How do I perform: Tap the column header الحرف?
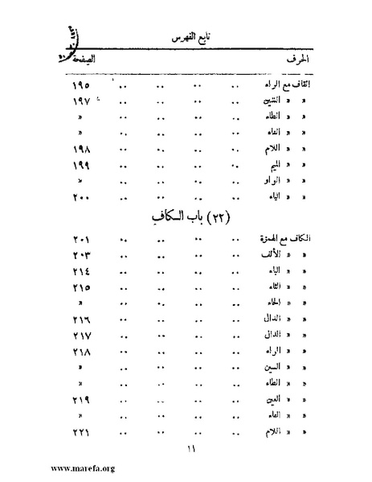pyautogui.click(x=296, y=60)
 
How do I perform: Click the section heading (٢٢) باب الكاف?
pyautogui.click(x=187, y=218)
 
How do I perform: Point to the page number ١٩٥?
pyautogui.click(x=80, y=85)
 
